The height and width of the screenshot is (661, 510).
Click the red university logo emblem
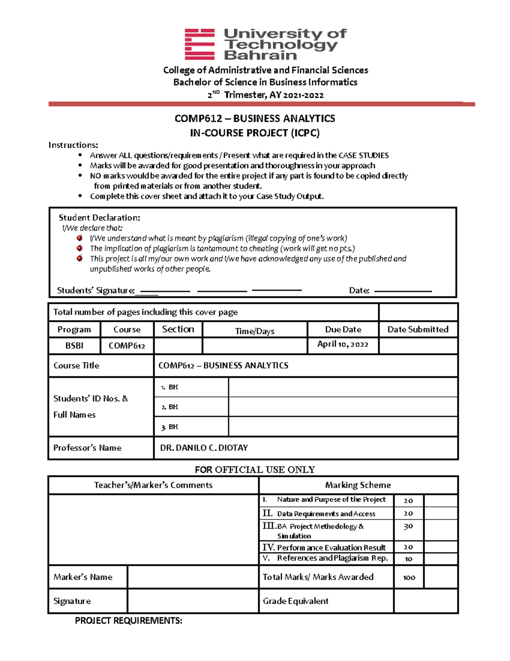coord(199,44)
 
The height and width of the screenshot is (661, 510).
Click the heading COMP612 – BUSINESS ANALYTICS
coord(255,119)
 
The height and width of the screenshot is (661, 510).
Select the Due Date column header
coord(343,329)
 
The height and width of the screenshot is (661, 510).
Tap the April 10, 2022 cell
coord(343,344)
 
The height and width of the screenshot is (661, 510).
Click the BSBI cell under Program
coord(74,346)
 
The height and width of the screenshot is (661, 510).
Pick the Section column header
coord(178,329)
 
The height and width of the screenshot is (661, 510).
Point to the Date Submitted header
coord(418,329)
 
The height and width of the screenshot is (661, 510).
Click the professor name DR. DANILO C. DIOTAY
coord(204,448)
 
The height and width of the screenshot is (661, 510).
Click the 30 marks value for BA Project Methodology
coord(408,527)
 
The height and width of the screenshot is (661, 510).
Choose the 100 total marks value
coord(409,578)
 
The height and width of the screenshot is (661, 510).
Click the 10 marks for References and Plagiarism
coord(408,559)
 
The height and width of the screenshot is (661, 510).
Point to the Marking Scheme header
coord(358,485)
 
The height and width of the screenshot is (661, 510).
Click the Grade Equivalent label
coord(295,601)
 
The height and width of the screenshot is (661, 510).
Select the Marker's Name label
coord(83,577)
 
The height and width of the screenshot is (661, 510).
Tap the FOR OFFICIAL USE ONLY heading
coord(255,470)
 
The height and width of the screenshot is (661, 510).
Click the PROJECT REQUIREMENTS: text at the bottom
coord(128,621)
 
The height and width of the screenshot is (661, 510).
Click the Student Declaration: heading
coord(99,218)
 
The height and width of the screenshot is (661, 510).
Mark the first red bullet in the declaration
coord(79,238)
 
